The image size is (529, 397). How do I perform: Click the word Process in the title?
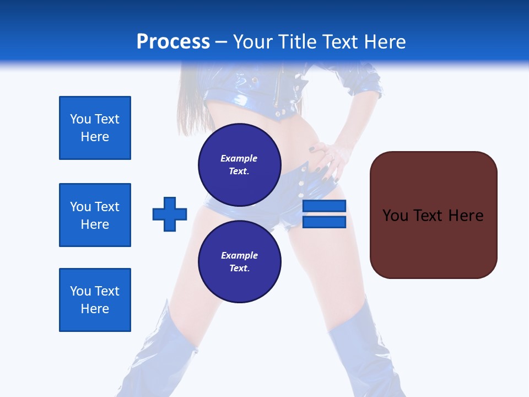click(x=173, y=42)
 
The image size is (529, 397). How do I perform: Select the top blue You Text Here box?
click(x=95, y=128)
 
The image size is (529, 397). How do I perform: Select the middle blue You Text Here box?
click(x=95, y=215)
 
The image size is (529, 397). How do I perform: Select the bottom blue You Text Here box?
click(x=95, y=299)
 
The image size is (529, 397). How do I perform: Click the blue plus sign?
click(x=170, y=214)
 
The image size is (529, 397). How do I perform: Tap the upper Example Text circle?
click(x=239, y=164)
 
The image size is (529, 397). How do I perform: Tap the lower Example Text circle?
click(x=239, y=261)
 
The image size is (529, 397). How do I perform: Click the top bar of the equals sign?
click(x=324, y=206)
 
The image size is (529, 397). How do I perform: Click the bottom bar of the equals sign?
click(x=324, y=222)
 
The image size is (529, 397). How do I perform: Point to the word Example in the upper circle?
click(x=239, y=158)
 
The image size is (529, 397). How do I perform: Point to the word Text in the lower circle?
click(x=239, y=269)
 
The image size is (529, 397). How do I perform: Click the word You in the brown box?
click(x=395, y=216)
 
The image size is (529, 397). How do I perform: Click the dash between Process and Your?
click(x=221, y=42)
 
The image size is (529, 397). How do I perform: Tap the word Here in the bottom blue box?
click(x=95, y=309)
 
